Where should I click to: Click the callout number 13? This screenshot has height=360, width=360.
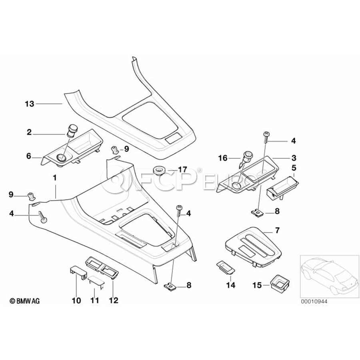click(30, 104)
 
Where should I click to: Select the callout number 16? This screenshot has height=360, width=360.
click(222, 158)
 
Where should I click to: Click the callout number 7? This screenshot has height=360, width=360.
click(277, 230)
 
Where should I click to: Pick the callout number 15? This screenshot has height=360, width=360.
click(257, 285)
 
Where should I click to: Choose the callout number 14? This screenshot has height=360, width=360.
click(231, 285)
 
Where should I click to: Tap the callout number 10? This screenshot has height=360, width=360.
click(76, 300)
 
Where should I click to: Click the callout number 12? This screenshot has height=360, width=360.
click(114, 300)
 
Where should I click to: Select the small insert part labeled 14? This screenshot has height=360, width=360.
click(225, 267)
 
